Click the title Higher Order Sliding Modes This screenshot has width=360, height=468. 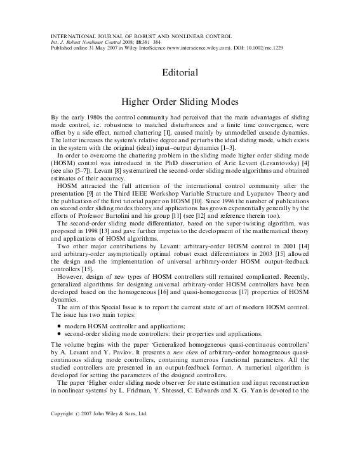pos(180,102)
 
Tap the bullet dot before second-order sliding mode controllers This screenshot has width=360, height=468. pos(58,335)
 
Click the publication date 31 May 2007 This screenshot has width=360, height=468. pos(100,48)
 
